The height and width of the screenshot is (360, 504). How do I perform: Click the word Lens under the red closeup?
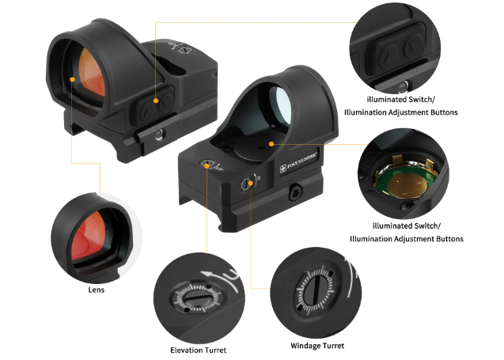pyautogui.click(x=97, y=290)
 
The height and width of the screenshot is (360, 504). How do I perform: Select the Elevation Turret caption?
pyautogui.click(x=198, y=350)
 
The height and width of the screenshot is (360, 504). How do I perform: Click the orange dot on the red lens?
pyautogui.click(x=72, y=79)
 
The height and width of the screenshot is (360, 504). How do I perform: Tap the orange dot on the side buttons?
pyautogui.click(x=156, y=100)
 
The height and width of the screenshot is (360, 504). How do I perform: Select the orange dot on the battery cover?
pyautogui.click(x=271, y=144)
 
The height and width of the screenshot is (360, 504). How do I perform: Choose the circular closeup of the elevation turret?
pyautogui.click(x=197, y=297)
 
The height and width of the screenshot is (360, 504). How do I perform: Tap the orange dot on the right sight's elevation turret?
pyautogui.click(x=207, y=166)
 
